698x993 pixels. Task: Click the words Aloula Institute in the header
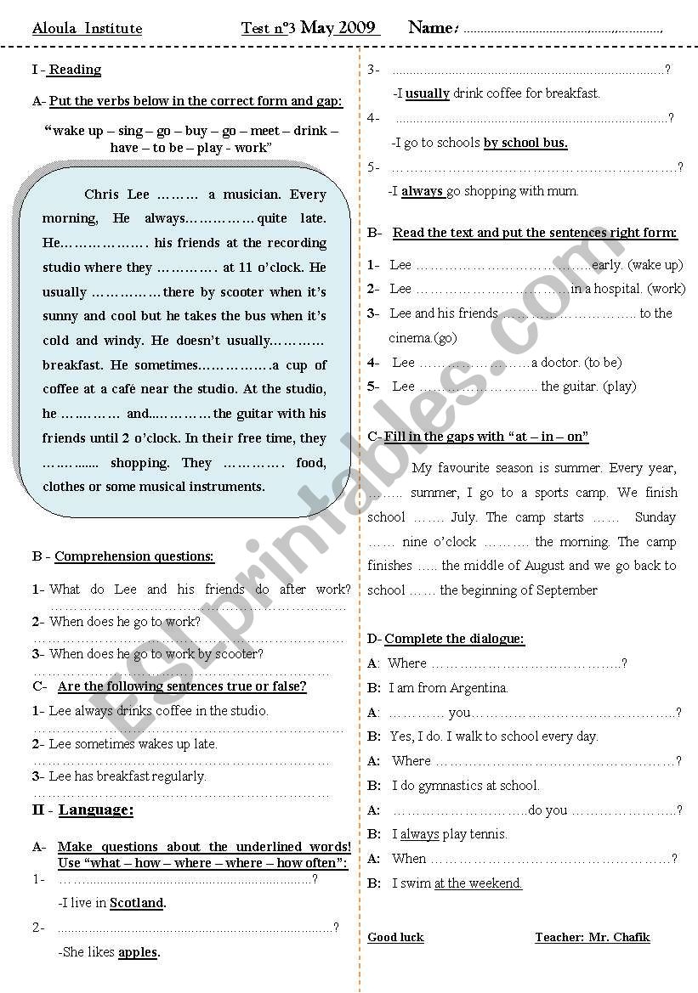[x=87, y=29]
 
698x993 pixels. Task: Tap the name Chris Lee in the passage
[x=116, y=195]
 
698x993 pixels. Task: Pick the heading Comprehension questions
[x=134, y=556]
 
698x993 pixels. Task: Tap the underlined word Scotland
[x=137, y=903]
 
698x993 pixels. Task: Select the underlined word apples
[x=138, y=952]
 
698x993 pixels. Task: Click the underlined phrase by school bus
[x=525, y=143]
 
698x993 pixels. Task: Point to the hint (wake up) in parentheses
[x=655, y=265]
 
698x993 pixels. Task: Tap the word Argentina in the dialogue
[x=473, y=688]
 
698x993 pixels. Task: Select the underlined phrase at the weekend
[x=478, y=883]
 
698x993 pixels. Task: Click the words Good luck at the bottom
[x=395, y=938]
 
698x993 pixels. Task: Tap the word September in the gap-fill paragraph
[x=558, y=590]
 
